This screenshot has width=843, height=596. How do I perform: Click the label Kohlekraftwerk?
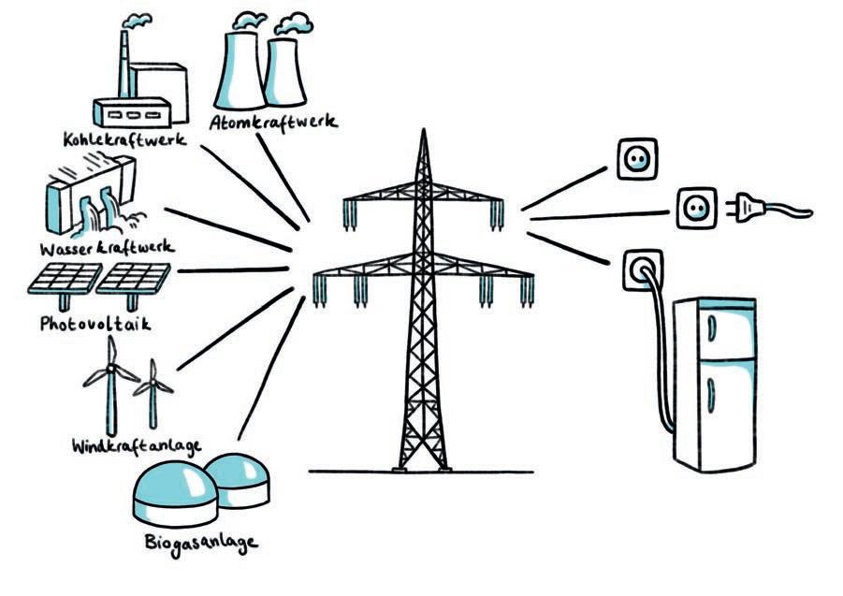(x=124, y=139)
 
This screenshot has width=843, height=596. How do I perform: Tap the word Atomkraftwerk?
(x=272, y=123)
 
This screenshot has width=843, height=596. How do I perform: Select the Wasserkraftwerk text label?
(x=107, y=249)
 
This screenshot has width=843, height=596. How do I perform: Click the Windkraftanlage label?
(x=136, y=443)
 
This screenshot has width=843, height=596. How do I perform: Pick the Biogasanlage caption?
(x=200, y=542)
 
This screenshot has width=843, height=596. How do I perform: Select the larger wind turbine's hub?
(x=110, y=370)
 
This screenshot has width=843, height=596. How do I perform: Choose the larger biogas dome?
(x=173, y=490)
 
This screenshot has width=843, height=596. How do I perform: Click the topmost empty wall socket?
(x=635, y=159)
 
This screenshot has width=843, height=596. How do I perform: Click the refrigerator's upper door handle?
(x=710, y=327)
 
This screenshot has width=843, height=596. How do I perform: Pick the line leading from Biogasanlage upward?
(x=271, y=370)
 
